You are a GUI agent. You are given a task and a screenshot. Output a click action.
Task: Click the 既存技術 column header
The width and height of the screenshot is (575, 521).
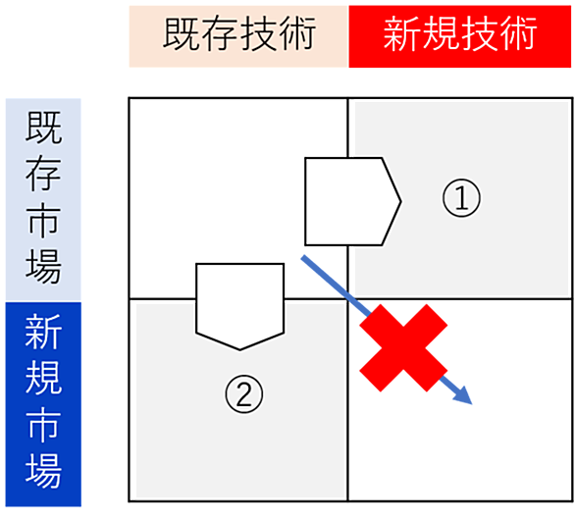click(x=238, y=36)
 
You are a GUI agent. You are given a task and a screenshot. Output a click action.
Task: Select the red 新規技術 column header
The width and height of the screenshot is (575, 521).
click(x=460, y=36)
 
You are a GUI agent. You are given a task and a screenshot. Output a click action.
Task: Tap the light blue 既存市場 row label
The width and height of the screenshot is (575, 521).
click(x=43, y=200)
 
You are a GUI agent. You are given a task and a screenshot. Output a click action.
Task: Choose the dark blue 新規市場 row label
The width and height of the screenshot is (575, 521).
click(x=43, y=404)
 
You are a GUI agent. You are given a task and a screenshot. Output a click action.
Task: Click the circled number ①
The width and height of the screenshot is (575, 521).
click(x=461, y=198)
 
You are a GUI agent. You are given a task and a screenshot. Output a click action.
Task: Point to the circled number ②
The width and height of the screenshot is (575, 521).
click(x=244, y=394)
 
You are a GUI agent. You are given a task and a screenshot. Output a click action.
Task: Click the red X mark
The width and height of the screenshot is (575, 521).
click(x=403, y=348)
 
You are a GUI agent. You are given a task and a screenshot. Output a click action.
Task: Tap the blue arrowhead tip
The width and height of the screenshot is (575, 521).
click(x=472, y=404)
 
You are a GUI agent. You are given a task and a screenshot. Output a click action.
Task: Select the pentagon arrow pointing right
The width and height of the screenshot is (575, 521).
click(x=353, y=201)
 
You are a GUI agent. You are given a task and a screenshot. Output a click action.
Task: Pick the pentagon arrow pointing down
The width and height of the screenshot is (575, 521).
click(x=239, y=306)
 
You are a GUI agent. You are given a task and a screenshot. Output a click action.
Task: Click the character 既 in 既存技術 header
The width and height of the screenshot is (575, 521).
click(x=182, y=33)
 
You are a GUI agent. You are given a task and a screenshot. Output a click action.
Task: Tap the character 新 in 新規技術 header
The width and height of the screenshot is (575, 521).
click(x=401, y=33)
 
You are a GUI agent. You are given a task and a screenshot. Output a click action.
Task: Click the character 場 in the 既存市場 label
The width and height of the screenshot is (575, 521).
click(x=43, y=267)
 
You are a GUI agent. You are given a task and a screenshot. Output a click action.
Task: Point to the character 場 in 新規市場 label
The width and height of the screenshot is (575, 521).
click(x=43, y=470)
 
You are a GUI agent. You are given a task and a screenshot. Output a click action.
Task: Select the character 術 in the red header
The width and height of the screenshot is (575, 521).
click(x=518, y=33)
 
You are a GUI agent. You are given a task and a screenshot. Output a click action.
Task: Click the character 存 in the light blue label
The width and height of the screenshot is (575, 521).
click(x=43, y=173)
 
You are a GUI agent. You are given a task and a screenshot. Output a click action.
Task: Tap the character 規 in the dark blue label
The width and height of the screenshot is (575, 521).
click(x=43, y=378)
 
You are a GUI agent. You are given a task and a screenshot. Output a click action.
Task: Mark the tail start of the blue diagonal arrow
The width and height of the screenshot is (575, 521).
click(x=302, y=257)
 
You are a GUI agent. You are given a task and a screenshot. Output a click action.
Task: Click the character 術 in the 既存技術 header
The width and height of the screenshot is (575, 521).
click(x=297, y=33)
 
